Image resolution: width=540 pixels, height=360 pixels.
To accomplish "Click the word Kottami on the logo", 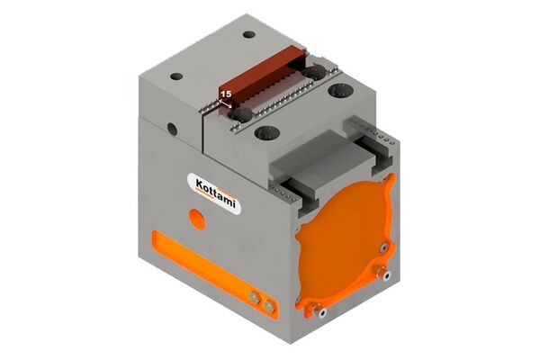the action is tap(216, 193).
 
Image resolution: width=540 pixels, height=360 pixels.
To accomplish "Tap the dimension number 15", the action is tap(226, 94).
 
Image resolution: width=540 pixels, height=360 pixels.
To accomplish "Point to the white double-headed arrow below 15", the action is tap(226, 103).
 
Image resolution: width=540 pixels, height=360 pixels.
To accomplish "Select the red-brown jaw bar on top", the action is tap(262, 76).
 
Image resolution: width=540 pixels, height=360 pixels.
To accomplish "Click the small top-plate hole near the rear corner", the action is tap(248, 34).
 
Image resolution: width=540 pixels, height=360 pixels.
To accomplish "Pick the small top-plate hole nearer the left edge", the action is tap(176, 76).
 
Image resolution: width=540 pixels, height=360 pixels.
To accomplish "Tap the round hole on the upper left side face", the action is tap(172, 129).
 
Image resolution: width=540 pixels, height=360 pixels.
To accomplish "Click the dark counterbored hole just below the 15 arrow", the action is tap(240, 114).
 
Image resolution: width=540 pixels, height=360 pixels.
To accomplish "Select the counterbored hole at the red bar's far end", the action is tap(314, 74).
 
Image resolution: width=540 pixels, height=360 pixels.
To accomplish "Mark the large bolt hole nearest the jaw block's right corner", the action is tap(340, 91).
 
